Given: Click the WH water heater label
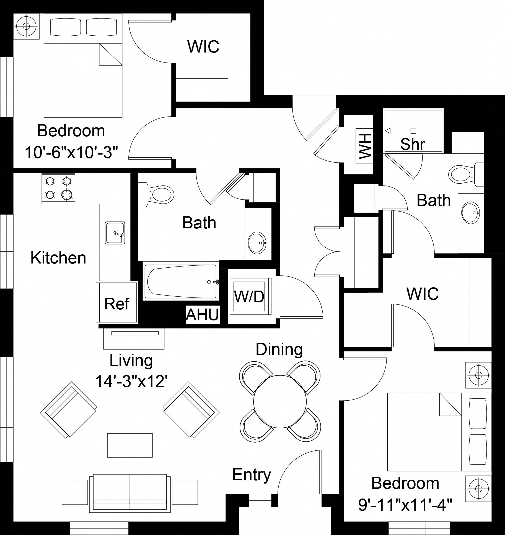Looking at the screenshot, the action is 364,146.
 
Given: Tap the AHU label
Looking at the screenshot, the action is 203,314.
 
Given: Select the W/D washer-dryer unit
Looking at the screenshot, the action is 249,296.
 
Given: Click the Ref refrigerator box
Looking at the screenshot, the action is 117,302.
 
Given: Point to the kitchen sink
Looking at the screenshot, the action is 115,233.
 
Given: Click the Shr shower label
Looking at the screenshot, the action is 413,143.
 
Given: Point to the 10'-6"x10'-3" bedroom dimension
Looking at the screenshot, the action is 71,152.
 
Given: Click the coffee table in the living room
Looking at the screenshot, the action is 130,445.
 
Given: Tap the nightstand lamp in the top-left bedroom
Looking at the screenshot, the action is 26,26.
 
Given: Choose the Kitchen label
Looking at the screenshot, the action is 58,258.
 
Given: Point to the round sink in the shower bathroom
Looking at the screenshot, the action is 470,212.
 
